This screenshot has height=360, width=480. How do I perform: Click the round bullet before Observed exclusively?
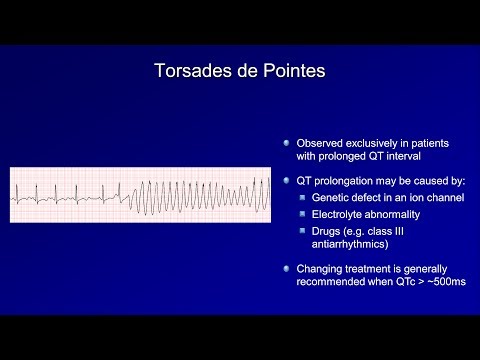(x=286, y=144)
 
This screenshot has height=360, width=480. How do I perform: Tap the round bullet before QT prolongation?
(x=286, y=182)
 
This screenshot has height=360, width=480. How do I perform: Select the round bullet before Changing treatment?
(x=286, y=269)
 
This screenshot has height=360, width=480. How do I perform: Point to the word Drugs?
(x=326, y=231)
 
